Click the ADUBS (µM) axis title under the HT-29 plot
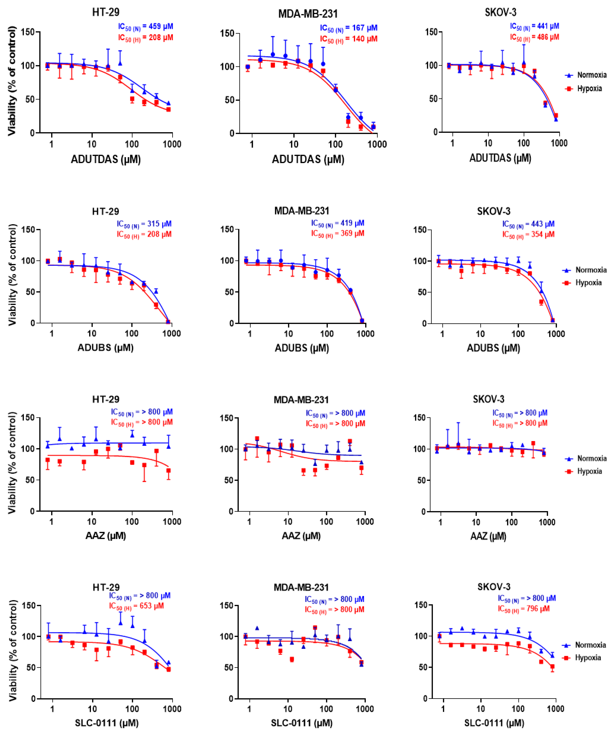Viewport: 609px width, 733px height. click(105, 348)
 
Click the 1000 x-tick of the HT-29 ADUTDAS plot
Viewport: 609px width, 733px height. click(172, 144)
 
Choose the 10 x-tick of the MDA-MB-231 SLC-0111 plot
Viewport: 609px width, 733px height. click(288, 709)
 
